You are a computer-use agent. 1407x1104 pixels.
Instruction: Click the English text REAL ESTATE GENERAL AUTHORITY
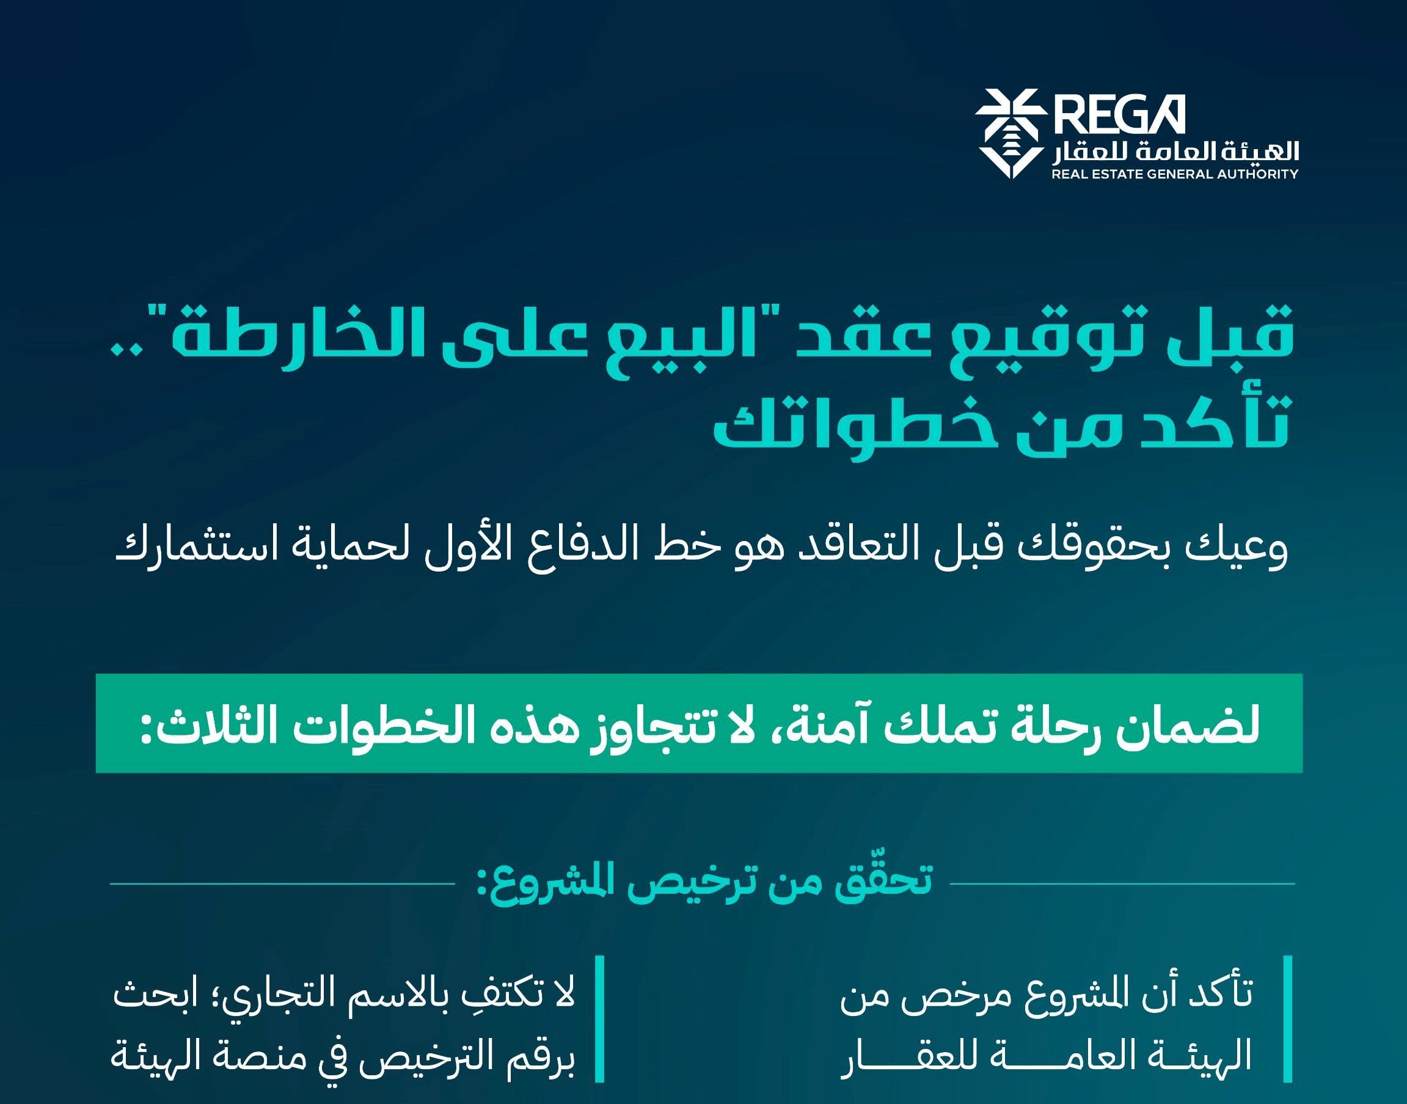pyautogui.click(x=1174, y=173)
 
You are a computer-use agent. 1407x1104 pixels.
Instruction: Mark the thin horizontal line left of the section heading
pyautogui.click(x=282, y=883)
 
